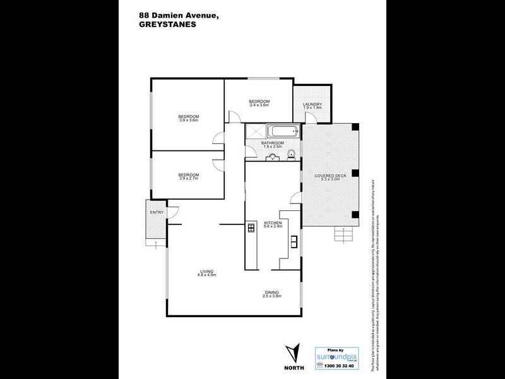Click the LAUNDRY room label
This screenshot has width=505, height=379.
(x=312, y=104)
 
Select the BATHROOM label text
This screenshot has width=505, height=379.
(x=273, y=143)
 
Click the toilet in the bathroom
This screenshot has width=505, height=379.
(x=291, y=155)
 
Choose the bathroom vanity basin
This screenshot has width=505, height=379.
(x=273, y=156)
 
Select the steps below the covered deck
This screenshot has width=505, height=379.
(x=343, y=236)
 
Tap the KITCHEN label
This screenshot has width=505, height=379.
(x=272, y=223)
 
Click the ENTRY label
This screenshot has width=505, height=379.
(x=156, y=212)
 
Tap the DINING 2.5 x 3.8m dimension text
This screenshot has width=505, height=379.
(x=272, y=296)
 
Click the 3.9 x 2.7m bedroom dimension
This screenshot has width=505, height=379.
(x=189, y=179)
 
